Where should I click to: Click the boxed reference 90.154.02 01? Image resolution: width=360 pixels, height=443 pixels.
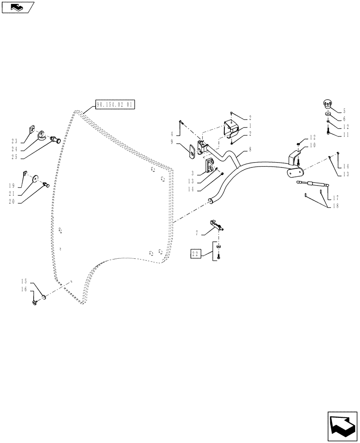coord(115,105)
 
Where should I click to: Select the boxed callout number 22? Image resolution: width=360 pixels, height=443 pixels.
coord(196,254)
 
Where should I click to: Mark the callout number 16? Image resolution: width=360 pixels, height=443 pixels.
coord(24,289)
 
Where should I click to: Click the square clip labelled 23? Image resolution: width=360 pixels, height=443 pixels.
coord(31,129)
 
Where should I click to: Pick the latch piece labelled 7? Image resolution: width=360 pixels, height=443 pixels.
coord(216,224)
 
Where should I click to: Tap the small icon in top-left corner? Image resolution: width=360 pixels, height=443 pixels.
coord(17,7)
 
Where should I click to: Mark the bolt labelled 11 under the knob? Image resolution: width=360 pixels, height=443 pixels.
coord(327,131)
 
